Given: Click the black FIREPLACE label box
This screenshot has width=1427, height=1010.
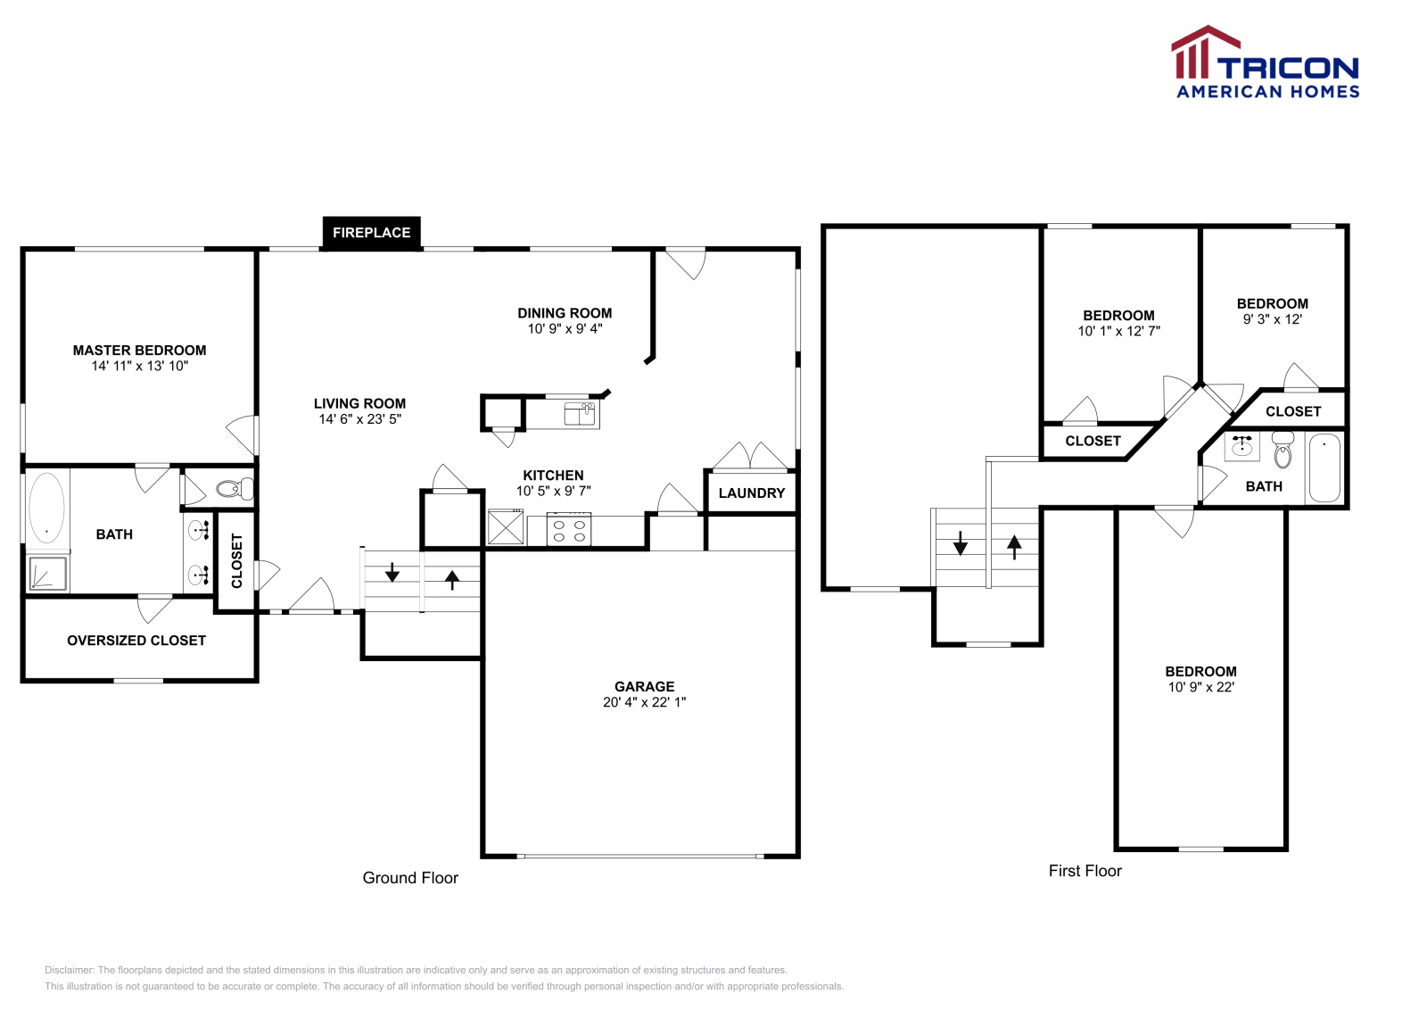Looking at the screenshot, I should (371, 233).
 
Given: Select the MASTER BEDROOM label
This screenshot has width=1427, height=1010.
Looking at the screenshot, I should (140, 351).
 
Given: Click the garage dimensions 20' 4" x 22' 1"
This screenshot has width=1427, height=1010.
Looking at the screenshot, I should (644, 702).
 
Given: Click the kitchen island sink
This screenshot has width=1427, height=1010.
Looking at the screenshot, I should (581, 414).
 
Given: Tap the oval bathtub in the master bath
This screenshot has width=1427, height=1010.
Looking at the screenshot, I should (46, 508).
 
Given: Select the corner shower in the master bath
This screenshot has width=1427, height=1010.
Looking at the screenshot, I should (48, 574).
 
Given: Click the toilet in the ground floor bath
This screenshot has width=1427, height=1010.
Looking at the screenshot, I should (235, 489).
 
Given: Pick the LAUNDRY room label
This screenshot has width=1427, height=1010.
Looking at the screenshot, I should (752, 493).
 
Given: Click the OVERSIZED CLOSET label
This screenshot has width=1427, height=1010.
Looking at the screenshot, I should (136, 641).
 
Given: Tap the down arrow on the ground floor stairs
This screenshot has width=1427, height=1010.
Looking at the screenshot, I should (392, 572).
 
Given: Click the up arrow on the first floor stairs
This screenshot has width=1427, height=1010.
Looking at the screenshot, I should (1014, 545).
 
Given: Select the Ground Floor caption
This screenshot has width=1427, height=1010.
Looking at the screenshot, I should (410, 878).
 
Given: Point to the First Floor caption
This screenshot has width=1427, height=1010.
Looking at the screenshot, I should (1085, 871).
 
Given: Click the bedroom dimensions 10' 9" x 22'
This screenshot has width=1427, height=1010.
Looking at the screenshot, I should (1200, 687).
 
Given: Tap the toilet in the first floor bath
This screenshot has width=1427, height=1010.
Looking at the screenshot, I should (1283, 450).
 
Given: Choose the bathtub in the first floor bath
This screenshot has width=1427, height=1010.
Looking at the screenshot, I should (1324, 468).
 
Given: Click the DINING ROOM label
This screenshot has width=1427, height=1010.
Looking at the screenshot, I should (565, 313).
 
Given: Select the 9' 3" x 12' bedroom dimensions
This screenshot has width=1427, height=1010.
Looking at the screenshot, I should (1272, 319).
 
